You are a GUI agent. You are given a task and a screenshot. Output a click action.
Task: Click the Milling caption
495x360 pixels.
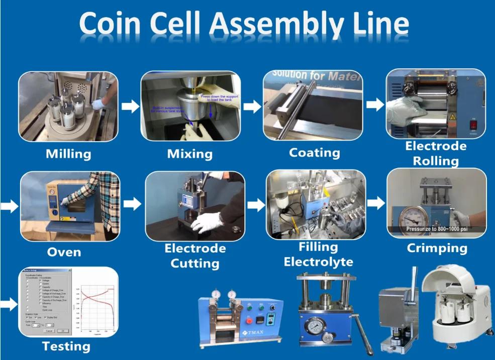click(68, 154)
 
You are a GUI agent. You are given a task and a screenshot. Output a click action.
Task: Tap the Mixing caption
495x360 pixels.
click(189, 154)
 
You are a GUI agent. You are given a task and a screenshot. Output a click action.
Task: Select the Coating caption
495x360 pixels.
click(314, 153)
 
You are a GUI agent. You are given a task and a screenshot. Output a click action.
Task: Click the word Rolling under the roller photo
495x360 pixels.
click(436, 161)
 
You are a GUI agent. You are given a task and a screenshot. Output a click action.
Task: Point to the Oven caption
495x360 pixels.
click(64, 252)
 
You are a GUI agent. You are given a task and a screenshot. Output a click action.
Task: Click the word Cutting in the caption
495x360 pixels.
click(194, 263)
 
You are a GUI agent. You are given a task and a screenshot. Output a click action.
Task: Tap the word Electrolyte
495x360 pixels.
click(318, 262)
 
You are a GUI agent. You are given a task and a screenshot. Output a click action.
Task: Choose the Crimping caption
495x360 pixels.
click(437, 248)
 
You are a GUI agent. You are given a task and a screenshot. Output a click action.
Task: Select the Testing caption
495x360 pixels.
click(66, 346)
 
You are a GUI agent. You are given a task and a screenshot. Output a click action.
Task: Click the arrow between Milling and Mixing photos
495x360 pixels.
click(130, 106)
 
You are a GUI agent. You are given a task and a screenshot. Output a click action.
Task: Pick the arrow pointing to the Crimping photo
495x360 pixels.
click(375, 203)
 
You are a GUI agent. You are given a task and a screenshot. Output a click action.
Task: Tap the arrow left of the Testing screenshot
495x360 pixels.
click(9, 303)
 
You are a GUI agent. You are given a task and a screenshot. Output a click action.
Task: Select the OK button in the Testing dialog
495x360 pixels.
click(63, 331)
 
